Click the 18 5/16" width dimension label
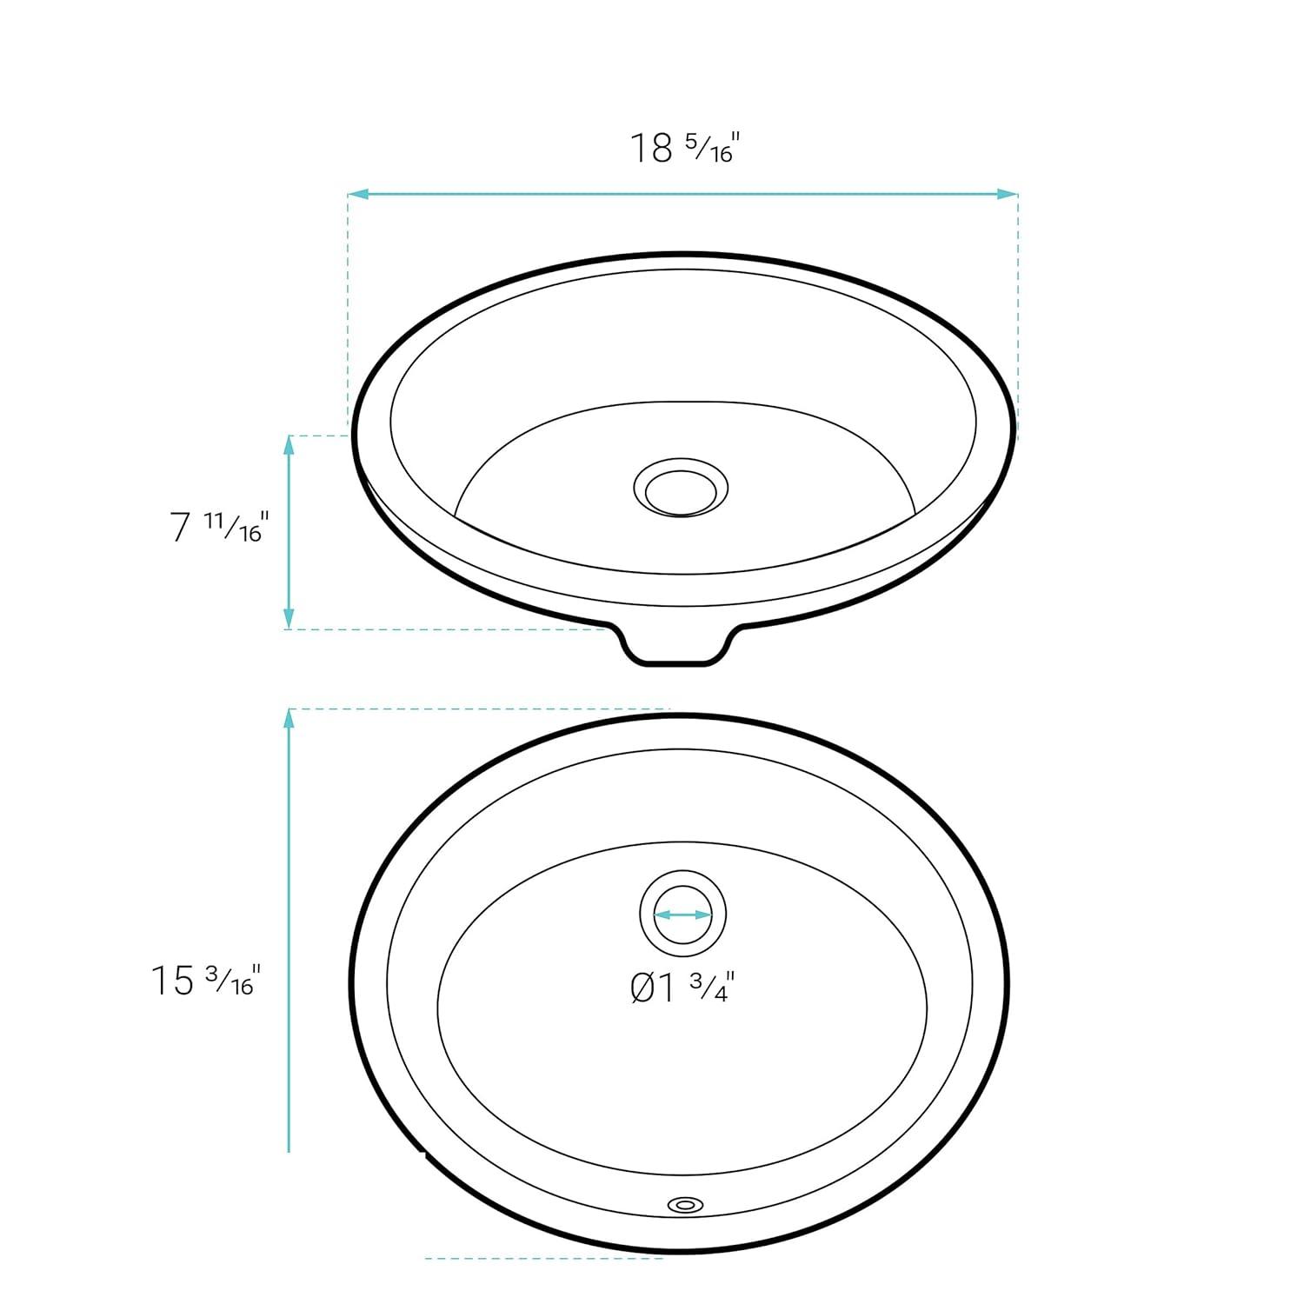pyautogui.click(x=683, y=148)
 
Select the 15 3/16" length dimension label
pyautogui.click(x=206, y=980)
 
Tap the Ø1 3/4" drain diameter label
pyautogui.click(x=682, y=988)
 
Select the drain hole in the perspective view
pyautogui.click(x=681, y=489)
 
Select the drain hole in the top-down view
pyautogui.click(x=682, y=915)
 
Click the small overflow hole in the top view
pyautogui.click(x=685, y=1204)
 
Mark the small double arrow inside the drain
pyautogui.click(x=682, y=915)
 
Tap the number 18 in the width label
pyautogui.click(x=651, y=149)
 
